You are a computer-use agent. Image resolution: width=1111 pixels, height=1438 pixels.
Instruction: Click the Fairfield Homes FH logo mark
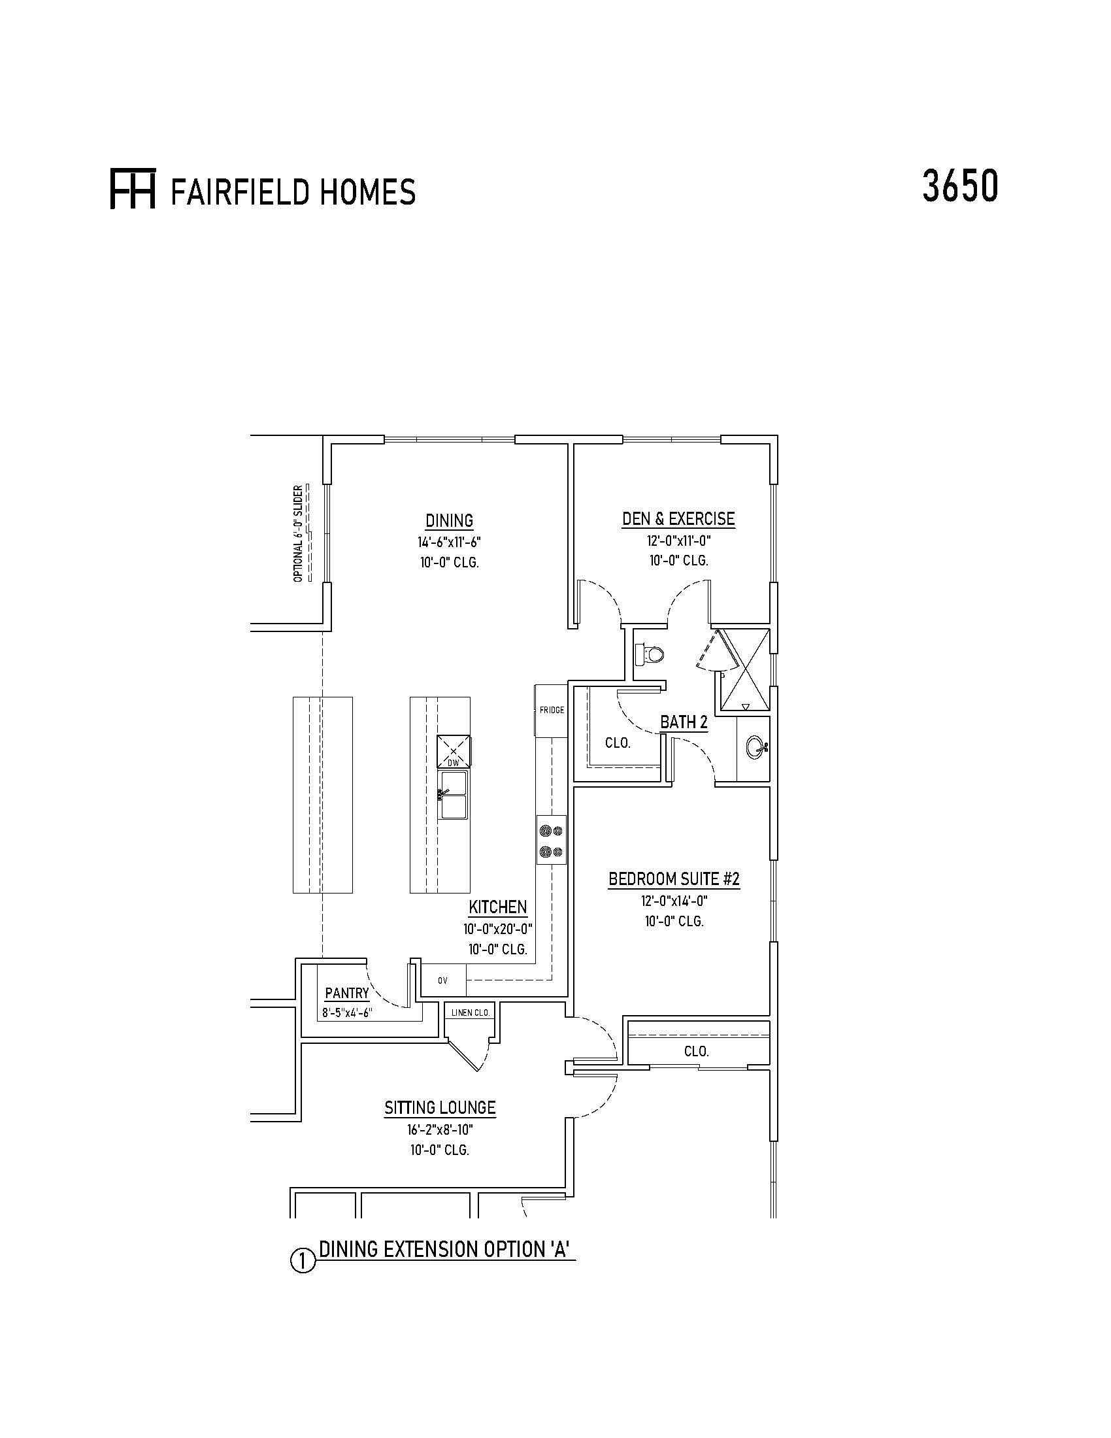pos(132,191)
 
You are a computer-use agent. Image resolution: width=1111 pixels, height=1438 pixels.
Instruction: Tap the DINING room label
pos(450,521)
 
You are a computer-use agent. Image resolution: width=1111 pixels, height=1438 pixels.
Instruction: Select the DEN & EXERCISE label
pos(678,519)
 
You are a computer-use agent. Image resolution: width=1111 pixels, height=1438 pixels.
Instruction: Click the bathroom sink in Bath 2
pos(756,747)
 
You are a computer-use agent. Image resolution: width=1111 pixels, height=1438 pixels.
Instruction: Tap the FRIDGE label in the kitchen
pos(552,710)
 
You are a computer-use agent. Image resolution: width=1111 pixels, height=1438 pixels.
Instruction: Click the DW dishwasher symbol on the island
pos(453,750)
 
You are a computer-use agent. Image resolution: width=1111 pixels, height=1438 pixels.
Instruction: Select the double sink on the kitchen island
pos(453,795)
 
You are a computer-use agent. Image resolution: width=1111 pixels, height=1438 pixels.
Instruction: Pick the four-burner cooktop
pos(552,840)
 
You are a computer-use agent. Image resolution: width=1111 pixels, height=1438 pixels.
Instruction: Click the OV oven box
pos(444,980)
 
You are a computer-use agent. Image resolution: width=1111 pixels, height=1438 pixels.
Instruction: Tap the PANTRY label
pos(347,994)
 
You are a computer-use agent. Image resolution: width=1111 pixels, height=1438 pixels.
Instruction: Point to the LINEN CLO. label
pos(471,1012)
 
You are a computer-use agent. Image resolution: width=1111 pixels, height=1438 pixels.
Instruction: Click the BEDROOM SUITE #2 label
pos(674,879)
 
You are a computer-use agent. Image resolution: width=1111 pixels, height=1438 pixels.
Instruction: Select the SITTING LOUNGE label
pos(440,1107)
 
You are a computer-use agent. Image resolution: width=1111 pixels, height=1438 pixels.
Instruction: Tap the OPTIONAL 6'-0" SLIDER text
pos(298,534)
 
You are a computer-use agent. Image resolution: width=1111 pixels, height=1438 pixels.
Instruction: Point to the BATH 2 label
pos(684,722)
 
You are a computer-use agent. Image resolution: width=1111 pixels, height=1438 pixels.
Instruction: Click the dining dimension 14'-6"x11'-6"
pos(450,543)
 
